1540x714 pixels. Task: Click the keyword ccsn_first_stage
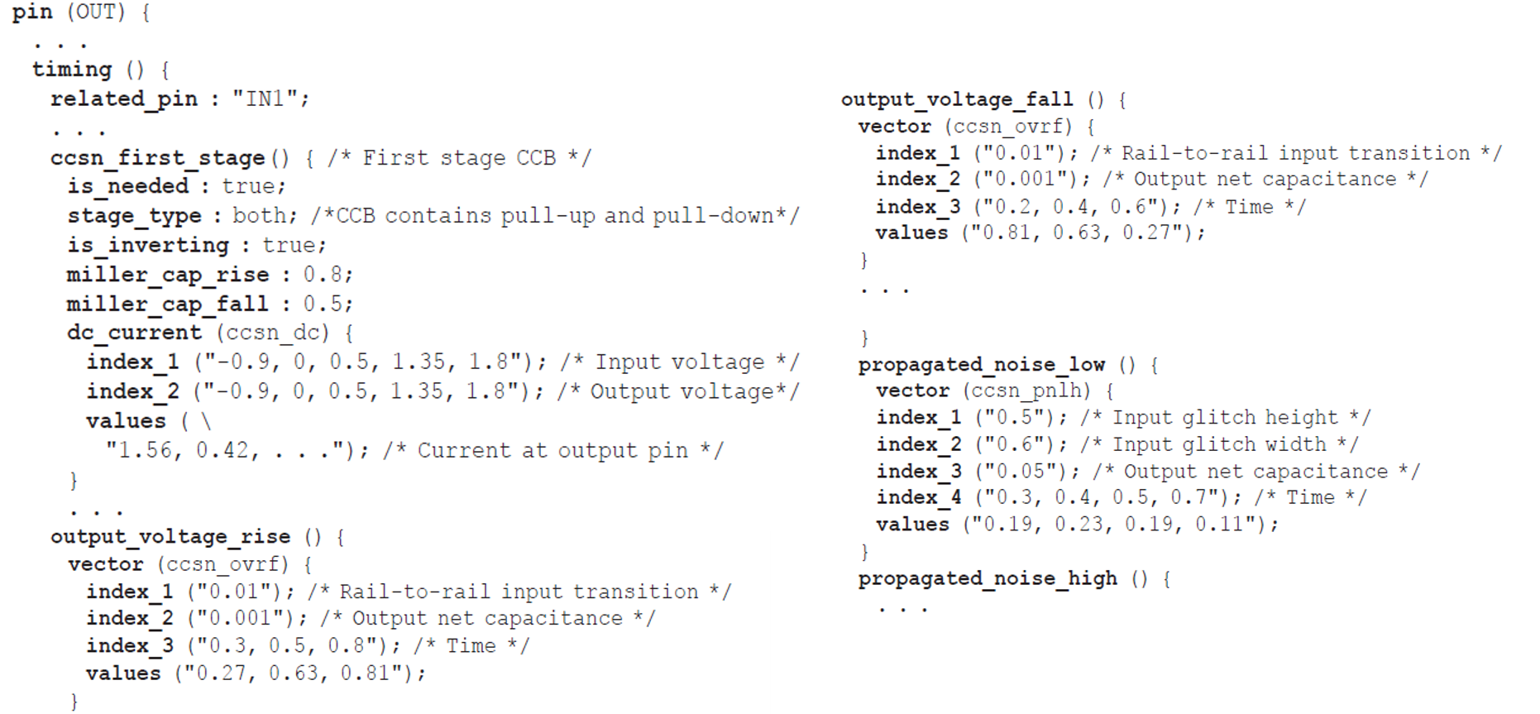[157, 158]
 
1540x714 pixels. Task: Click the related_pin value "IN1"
[264, 99]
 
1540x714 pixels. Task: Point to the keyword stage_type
[134, 216]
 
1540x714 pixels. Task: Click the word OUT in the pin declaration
[96, 12]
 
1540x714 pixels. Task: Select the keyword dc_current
[134, 333]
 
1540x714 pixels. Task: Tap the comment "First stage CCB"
[459, 158]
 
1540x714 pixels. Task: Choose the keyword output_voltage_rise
[170, 537]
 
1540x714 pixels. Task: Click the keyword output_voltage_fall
[957, 100]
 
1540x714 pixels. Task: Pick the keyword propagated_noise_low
[981, 365]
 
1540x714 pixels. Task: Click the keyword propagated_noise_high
[988, 578]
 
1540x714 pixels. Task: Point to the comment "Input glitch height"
[1225, 418]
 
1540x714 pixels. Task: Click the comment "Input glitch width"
[1219, 445]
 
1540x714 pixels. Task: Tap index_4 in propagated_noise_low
[918, 498]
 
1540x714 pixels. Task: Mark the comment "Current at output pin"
[552, 451]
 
